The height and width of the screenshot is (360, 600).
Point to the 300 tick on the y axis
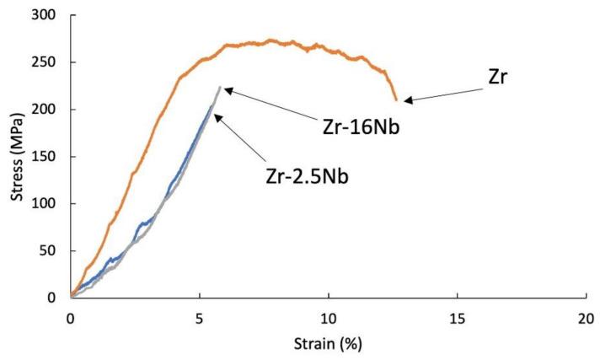(46, 16)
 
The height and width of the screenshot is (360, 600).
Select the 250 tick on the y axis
(46, 62)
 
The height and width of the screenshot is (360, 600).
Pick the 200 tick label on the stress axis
(46, 110)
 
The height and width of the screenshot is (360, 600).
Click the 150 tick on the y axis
(46, 157)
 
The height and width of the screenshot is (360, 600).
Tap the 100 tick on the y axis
(46, 203)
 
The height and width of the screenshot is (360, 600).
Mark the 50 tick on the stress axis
(50, 250)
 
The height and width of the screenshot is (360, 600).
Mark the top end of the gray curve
(220, 87)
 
